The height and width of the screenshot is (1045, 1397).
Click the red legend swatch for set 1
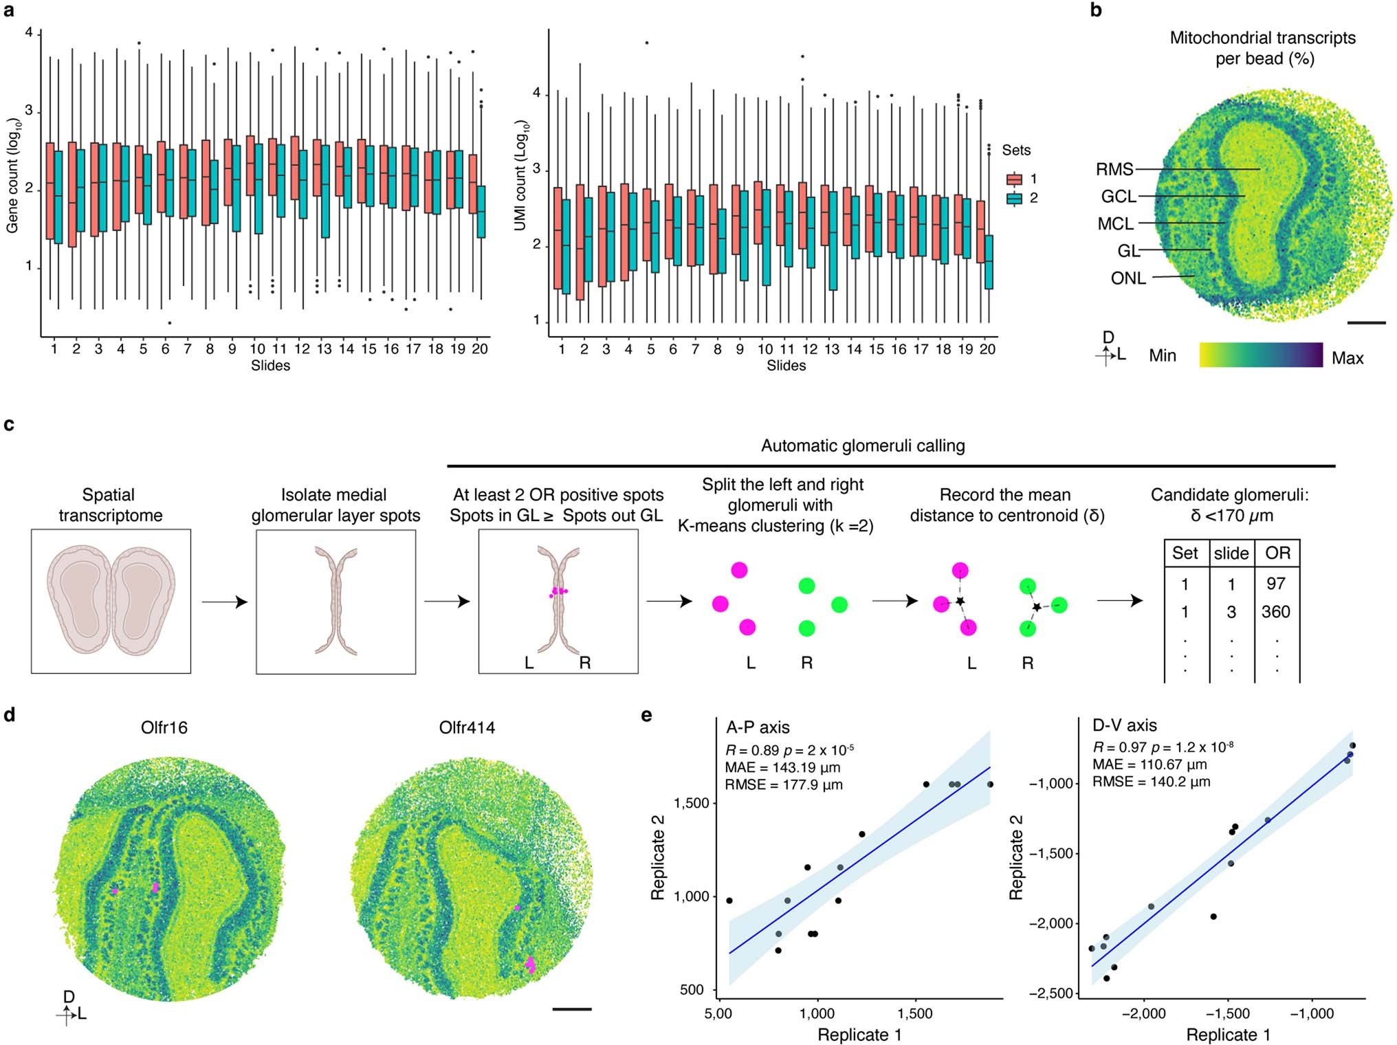point(1015,179)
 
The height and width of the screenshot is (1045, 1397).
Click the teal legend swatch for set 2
point(1015,199)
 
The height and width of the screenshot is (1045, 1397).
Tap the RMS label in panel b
point(1114,169)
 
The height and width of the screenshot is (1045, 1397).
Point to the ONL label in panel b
point(1128,278)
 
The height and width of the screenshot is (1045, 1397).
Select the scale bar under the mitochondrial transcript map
point(1366,322)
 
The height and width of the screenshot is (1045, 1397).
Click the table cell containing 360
point(1275,612)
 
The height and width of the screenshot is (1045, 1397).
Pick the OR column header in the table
point(1277,553)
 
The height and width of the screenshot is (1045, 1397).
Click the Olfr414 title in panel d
point(467,727)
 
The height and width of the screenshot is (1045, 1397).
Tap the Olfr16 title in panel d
point(164,727)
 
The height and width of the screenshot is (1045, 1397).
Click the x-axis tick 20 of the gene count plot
point(480,349)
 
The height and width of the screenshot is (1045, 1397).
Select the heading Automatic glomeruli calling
point(862,445)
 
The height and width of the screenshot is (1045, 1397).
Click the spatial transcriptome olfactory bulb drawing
point(111,601)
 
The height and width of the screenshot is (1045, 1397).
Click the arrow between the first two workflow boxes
point(223,602)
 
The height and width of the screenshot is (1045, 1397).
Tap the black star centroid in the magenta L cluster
point(960,601)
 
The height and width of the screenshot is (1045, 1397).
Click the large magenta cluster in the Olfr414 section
point(530,965)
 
